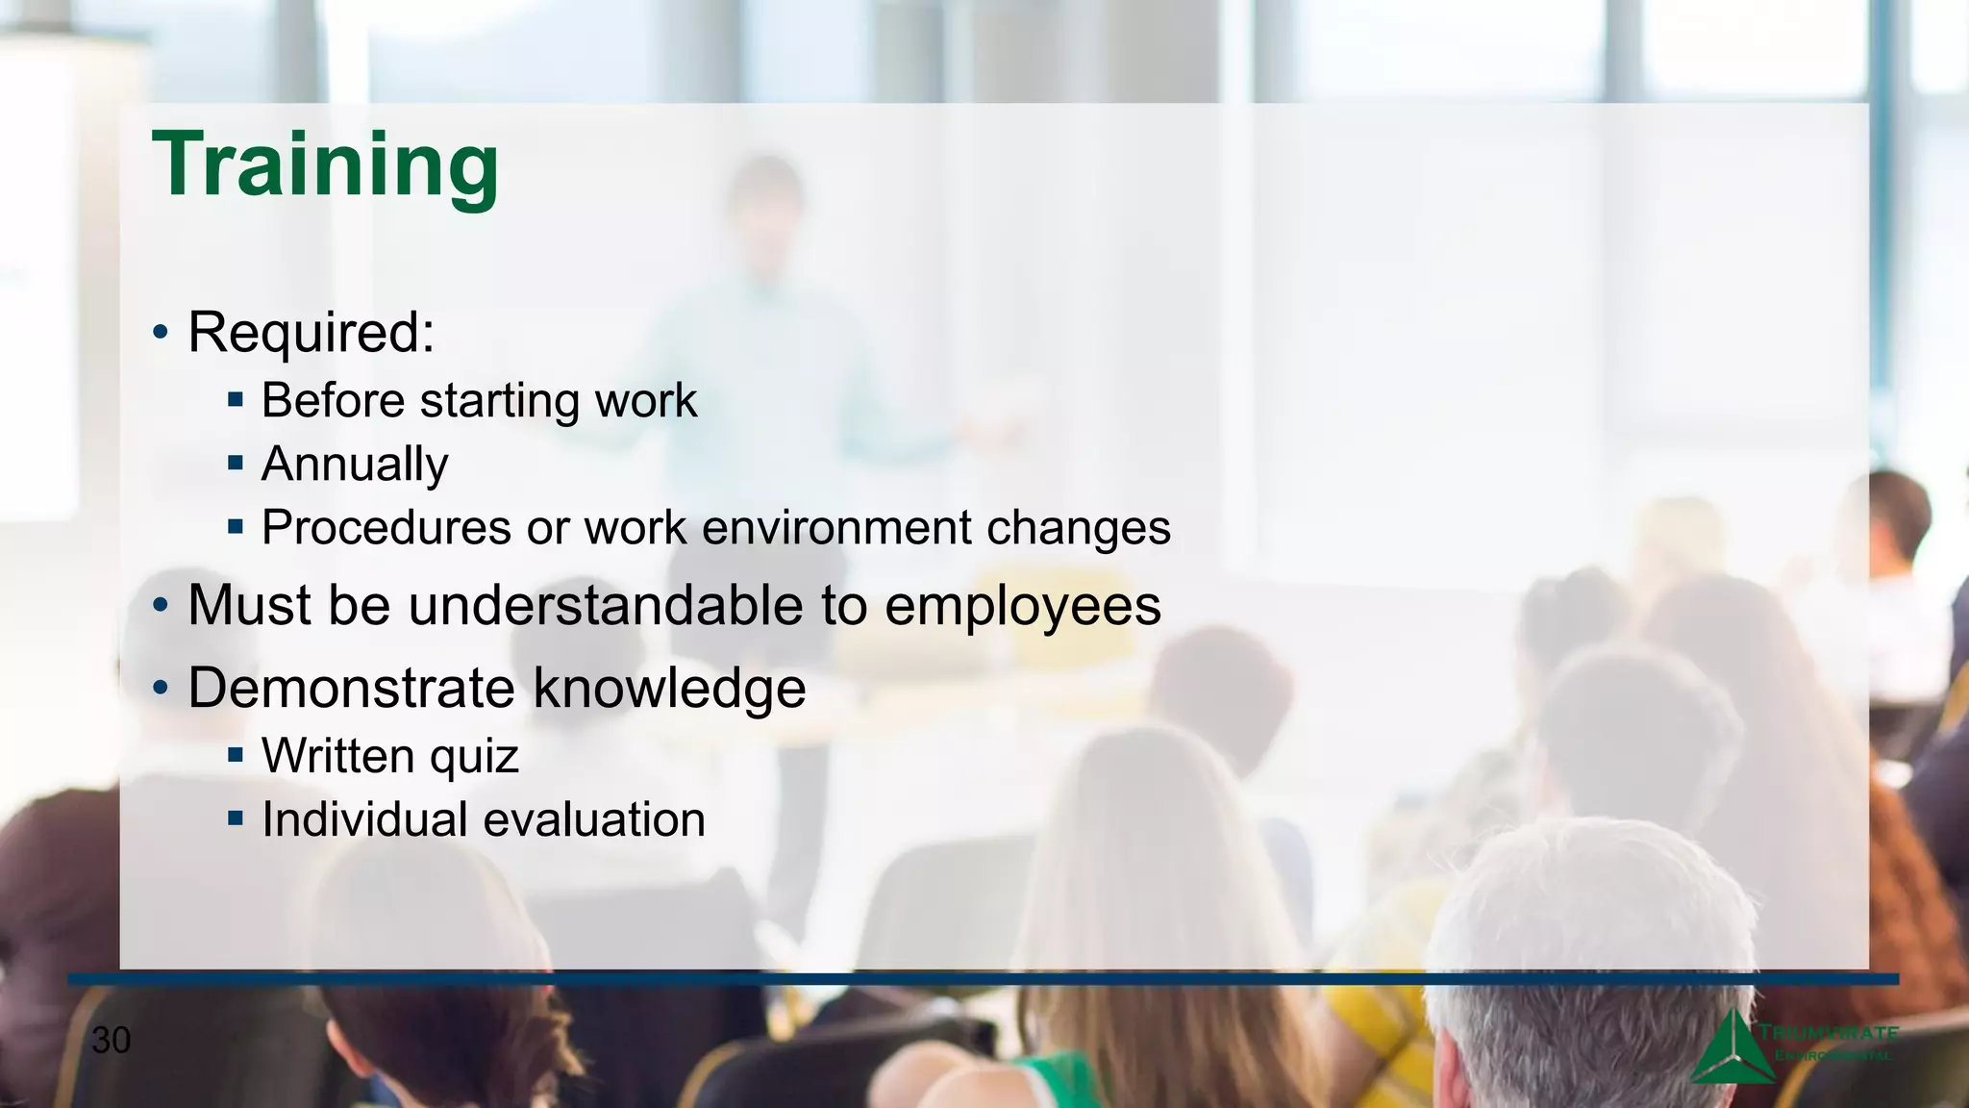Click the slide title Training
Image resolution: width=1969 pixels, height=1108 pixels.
coord(325,165)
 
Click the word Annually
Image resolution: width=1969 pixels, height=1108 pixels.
coord(355,465)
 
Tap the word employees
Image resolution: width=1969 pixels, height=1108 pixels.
coord(1022,608)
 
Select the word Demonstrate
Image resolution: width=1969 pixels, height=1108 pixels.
coord(352,689)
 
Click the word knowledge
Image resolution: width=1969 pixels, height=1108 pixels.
coord(669,689)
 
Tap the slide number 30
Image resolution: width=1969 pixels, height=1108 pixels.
coord(111,1041)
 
